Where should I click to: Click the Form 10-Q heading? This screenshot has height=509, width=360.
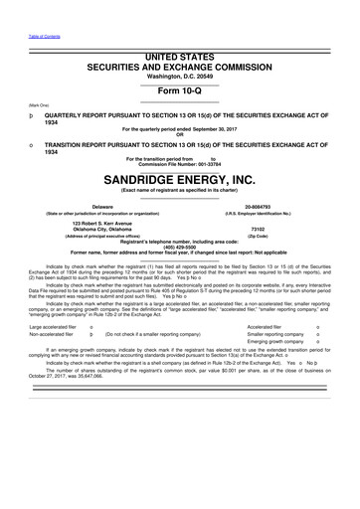pyautogui.click(x=180, y=83)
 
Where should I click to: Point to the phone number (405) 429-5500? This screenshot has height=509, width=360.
pyautogui.click(x=180, y=246)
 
